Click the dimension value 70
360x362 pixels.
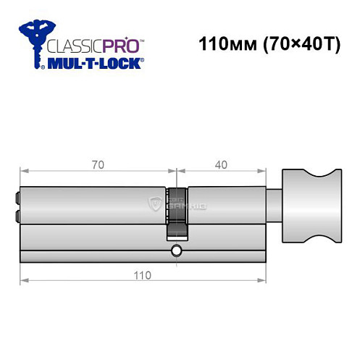(98, 164)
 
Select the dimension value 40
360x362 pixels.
(222, 164)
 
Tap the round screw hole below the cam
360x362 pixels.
(176, 251)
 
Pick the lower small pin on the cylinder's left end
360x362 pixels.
(15, 216)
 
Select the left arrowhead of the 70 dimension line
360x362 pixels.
(22, 172)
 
